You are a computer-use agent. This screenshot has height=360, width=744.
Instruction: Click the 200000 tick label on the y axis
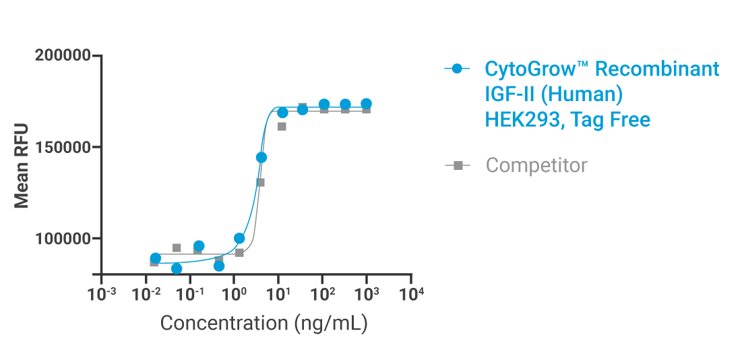tap(63, 56)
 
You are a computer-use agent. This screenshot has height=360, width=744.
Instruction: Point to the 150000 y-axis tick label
tap(63, 147)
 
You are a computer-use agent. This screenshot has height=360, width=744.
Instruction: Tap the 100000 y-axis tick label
tap(63, 239)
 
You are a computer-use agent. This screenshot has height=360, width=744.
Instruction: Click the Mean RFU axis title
tap(22, 165)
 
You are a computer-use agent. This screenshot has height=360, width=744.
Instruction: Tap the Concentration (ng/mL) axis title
tap(263, 324)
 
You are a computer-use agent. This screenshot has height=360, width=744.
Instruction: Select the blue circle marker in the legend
tap(458, 69)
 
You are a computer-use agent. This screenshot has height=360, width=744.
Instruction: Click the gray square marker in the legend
tap(458, 165)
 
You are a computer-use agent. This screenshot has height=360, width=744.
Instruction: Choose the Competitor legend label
tap(536, 165)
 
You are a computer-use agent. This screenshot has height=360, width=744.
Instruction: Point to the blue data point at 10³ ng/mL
tap(366, 104)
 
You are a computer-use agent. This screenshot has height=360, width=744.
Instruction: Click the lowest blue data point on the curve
tap(177, 268)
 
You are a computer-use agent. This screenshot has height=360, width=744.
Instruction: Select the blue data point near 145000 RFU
tap(261, 157)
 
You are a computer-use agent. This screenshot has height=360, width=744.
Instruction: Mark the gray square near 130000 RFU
tap(260, 182)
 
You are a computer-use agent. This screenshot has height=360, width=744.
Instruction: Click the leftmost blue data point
tap(156, 258)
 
